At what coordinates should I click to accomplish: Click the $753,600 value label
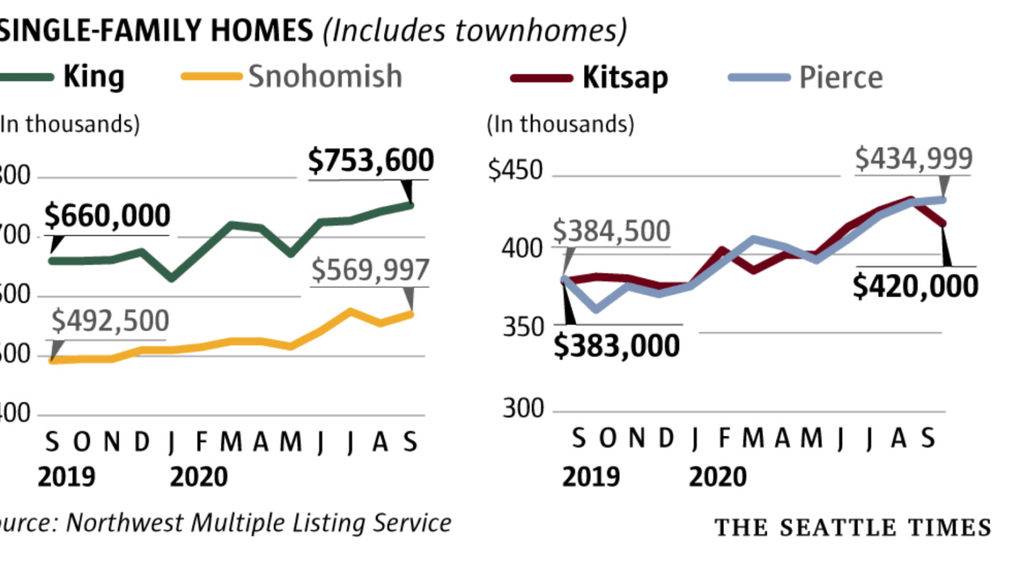(371, 161)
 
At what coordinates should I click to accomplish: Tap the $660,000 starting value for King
(107, 217)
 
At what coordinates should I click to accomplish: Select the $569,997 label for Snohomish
(370, 270)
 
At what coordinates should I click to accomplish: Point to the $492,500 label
(110, 321)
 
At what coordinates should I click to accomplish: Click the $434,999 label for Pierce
(914, 159)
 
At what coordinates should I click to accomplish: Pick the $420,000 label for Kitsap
(915, 286)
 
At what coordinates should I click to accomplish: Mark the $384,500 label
(611, 231)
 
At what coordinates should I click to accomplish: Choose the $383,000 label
(617, 345)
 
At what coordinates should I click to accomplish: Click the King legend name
(93, 76)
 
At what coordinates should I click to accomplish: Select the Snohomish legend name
(325, 76)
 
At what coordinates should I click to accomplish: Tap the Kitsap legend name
(625, 77)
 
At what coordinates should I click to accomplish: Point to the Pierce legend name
(841, 77)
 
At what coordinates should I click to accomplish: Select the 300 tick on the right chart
(523, 409)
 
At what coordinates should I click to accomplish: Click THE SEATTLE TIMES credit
(852, 528)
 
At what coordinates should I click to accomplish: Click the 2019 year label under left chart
(66, 477)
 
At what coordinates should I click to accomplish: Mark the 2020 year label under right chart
(718, 477)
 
